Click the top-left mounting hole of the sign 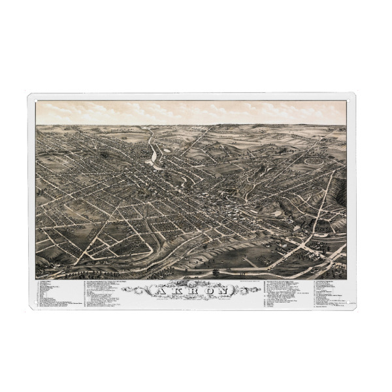click(x=32, y=98)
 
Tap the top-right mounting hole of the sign click(x=351, y=98)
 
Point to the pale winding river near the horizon click(x=154, y=155)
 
